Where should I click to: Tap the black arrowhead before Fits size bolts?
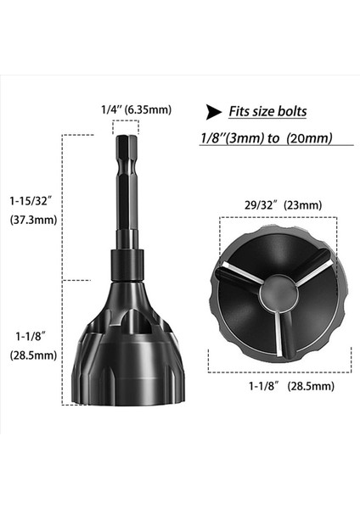211,110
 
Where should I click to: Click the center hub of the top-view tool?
278,294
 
